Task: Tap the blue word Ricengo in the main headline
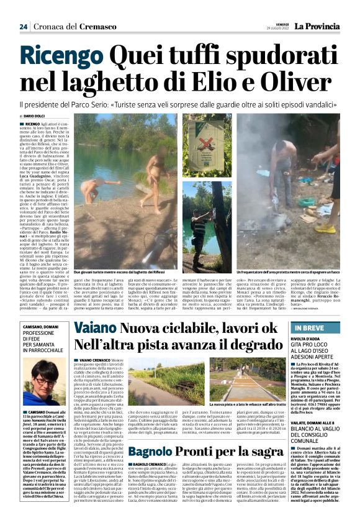coord(61,59)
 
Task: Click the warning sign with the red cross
coord(198,150)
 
